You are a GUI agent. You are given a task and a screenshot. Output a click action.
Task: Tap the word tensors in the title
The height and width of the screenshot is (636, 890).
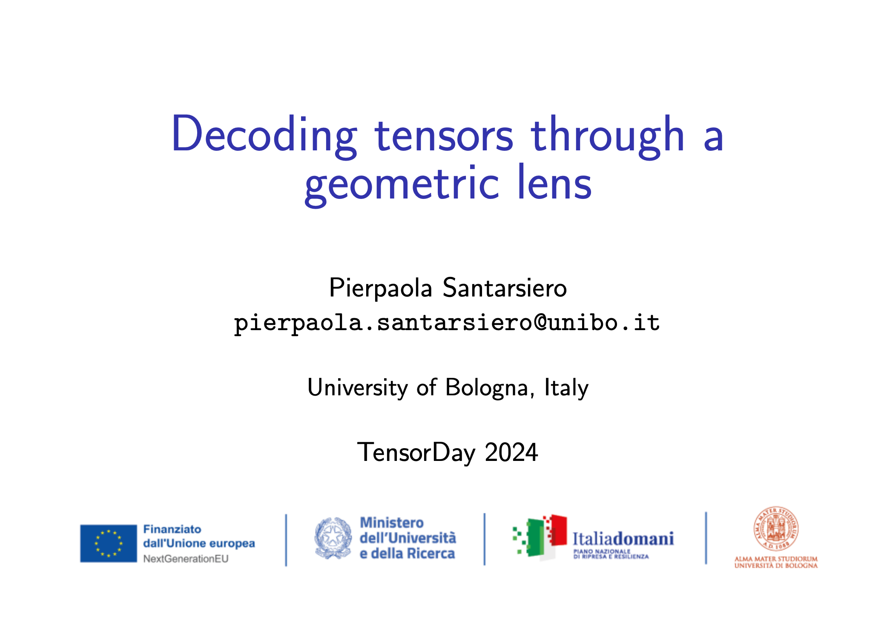pos(444,135)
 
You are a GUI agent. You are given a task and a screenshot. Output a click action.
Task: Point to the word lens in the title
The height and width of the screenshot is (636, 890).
pos(554,182)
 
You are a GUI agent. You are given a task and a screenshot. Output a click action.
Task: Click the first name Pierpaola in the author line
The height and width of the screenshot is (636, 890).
pos(381,288)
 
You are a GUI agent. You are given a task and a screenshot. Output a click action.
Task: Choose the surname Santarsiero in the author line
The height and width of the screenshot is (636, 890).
pos(505,288)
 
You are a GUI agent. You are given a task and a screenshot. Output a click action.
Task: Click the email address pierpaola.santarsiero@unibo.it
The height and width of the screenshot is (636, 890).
pos(447,322)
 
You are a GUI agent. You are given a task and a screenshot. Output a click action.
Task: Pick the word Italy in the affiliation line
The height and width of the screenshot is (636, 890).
pos(566,388)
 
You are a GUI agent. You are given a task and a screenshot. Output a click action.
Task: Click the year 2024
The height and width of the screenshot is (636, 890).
pos(511,452)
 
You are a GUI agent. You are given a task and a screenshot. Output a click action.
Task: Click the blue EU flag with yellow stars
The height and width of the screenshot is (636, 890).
pos(109,544)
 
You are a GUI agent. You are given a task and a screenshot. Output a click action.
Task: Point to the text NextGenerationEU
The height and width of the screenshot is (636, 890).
pos(186,558)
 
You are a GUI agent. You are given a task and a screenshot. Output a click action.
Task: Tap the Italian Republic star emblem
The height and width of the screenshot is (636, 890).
pos(333,538)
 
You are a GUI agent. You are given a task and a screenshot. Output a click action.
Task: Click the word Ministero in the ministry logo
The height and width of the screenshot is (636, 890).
pos(392,523)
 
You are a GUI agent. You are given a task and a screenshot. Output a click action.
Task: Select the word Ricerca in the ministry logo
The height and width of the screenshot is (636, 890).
pos(430,553)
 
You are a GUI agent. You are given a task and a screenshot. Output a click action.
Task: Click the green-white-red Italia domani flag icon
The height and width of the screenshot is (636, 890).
pos(540,537)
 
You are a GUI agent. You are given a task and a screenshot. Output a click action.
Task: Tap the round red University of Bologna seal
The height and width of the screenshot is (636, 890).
pos(776,529)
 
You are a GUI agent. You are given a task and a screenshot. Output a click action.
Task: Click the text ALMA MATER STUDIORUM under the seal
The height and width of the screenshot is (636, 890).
pos(776,558)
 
